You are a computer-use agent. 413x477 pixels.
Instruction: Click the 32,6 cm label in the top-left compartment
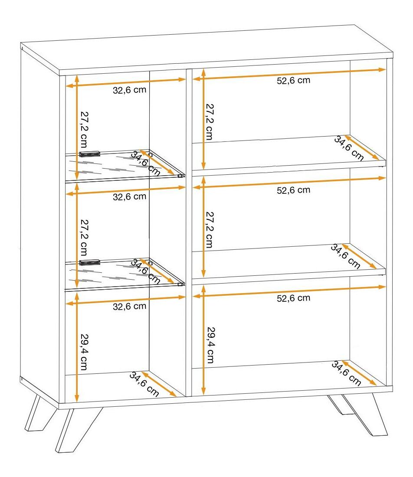(x=129, y=90)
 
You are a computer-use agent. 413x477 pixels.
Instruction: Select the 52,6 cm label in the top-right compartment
(x=293, y=81)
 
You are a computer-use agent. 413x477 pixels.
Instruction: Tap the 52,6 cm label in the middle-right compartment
(x=293, y=190)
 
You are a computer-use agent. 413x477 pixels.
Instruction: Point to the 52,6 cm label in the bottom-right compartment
(x=293, y=298)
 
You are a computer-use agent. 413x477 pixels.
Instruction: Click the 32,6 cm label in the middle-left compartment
(x=129, y=197)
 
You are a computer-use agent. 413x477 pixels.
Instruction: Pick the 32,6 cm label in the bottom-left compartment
(x=129, y=306)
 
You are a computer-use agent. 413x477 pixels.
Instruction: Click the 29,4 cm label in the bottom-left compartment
(x=84, y=352)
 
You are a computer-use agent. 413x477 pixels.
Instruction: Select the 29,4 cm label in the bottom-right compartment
(x=210, y=345)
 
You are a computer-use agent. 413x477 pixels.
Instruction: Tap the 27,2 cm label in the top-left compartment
(x=84, y=129)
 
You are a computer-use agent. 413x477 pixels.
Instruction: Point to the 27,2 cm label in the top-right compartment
(x=210, y=122)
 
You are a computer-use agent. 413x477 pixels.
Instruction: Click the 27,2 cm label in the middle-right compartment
(x=210, y=230)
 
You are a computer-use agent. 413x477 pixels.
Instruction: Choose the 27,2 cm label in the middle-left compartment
(x=84, y=238)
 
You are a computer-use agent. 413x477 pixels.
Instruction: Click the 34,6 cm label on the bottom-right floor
(x=346, y=373)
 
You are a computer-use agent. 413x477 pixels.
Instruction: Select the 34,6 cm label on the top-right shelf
(x=349, y=148)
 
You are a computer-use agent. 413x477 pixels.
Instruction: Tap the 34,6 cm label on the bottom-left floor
(x=144, y=384)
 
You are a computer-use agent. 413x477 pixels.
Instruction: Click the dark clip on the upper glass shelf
(x=89, y=154)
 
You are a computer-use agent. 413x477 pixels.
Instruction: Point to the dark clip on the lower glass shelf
(x=89, y=262)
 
